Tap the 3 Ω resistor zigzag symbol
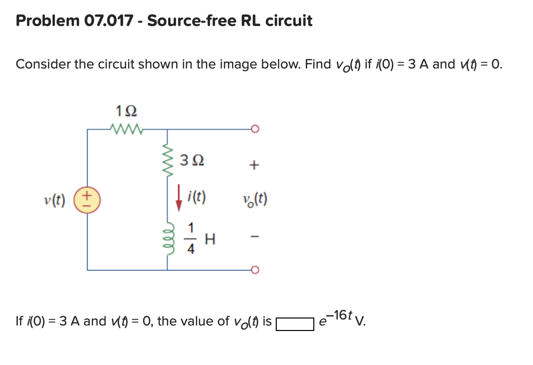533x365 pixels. pyautogui.click(x=167, y=161)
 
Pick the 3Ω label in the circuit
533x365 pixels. pyautogui.click(x=192, y=161)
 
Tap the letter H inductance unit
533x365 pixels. pyautogui.click(x=210, y=240)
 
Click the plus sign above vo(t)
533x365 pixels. pyautogui.click(x=255, y=164)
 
